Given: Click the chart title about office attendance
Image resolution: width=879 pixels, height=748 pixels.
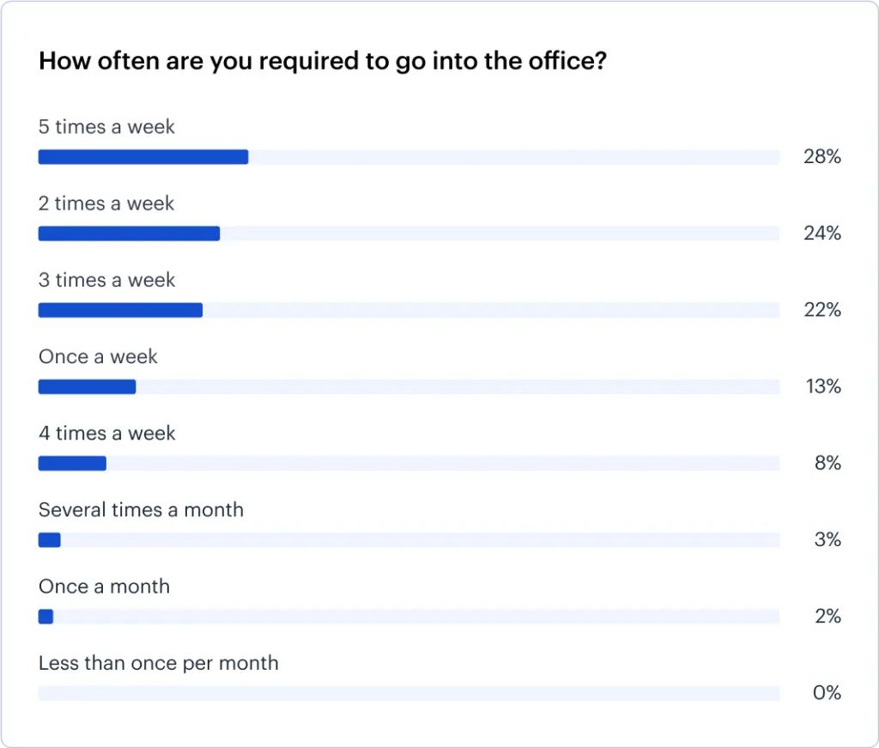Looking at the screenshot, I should point(323,62).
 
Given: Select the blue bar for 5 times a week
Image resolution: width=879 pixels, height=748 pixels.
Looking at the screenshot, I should point(143,157).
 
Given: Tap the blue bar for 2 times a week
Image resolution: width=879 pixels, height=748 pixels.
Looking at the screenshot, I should point(129,234).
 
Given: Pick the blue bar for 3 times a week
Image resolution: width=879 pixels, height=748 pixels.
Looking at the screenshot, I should point(120,310).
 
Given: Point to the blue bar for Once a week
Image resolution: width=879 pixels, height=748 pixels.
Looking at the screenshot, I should point(87,386).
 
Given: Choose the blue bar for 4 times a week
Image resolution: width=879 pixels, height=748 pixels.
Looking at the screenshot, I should point(72,464).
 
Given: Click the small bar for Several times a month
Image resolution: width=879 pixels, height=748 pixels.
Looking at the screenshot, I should point(50,540).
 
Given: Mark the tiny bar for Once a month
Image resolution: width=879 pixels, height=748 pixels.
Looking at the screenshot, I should point(46,617).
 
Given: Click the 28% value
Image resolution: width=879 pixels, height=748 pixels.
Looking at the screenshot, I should point(822,157).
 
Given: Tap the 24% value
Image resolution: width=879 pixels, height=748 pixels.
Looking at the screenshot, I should point(822,234).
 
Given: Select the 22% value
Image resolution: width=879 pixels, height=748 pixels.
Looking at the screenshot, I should point(822,310).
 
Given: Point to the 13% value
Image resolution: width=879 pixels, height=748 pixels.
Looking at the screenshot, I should point(822,386).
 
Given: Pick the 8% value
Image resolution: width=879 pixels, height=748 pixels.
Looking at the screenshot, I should point(827,464).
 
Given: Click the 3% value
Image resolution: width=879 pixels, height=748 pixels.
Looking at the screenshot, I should point(827,540).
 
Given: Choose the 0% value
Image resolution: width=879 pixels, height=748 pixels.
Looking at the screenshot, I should point(827,693).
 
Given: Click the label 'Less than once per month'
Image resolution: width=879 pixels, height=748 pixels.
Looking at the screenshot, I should point(159,663).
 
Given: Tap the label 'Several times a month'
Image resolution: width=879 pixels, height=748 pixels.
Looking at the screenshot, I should point(141,510).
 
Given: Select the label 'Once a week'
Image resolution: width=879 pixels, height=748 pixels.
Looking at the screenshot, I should point(98,356).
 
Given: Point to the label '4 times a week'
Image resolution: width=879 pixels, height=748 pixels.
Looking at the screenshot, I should point(106,434).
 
